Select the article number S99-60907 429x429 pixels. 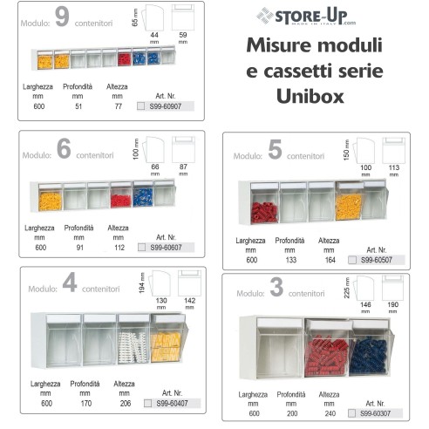click(171, 106)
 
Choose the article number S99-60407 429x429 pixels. click(171, 403)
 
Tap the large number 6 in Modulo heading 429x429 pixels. click(64, 148)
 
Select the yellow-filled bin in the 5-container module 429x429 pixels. click(348, 206)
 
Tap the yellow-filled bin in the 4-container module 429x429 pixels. click(165, 340)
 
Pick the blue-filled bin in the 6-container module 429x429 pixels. click(142, 196)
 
